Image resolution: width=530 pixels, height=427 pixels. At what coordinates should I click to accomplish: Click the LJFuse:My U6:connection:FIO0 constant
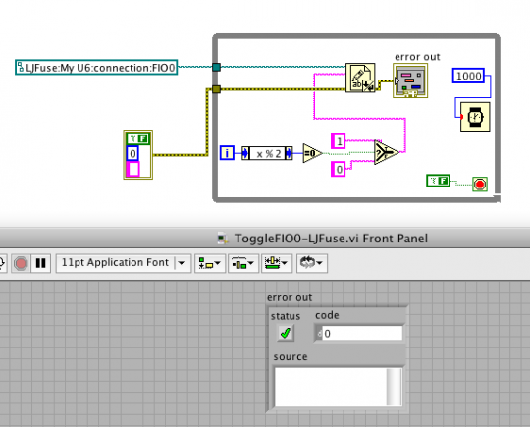(96, 68)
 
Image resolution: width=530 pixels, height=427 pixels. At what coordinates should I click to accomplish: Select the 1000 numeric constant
(468, 76)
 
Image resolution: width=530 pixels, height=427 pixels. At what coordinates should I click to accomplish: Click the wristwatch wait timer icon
(475, 117)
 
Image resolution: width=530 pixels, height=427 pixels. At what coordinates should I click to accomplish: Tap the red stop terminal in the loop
(480, 185)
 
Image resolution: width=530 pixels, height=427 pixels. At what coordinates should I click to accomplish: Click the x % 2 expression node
(267, 153)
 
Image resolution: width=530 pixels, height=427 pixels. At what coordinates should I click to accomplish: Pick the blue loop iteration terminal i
(227, 153)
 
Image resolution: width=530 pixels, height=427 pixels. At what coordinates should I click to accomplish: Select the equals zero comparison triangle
(312, 153)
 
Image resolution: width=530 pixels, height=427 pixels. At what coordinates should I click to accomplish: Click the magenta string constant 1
(339, 141)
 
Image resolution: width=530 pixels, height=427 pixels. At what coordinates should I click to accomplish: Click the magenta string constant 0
(339, 169)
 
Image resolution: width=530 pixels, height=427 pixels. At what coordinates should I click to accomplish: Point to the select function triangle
(386, 152)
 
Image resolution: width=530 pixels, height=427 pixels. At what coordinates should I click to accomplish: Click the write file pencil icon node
(360, 78)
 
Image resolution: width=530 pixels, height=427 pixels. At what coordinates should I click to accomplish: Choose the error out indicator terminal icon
(410, 80)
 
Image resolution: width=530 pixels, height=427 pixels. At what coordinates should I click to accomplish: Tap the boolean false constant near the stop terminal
(438, 181)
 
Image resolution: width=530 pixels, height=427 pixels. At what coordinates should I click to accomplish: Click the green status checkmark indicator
(286, 333)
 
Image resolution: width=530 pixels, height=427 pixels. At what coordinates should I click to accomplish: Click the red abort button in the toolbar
(21, 263)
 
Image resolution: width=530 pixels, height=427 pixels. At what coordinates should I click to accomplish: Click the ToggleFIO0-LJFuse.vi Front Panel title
(332, 239)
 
